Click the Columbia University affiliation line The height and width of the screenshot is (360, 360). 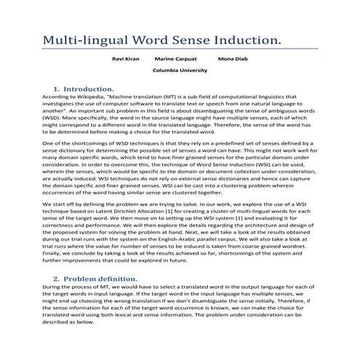point(180,71)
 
